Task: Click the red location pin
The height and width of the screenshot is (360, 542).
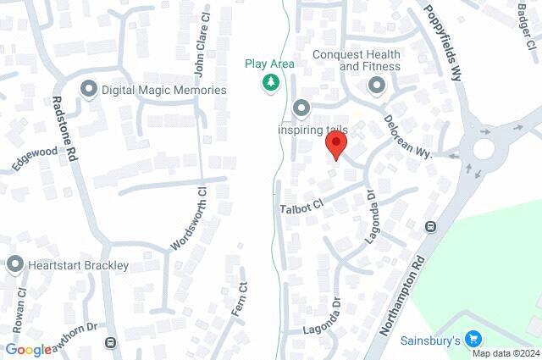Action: (x=335, y=146)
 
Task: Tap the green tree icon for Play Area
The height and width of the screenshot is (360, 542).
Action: (x=269, y=82)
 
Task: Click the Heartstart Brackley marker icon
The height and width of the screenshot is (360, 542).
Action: (x=14, y=265)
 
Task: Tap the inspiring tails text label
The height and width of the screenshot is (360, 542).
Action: (x=312, y=130)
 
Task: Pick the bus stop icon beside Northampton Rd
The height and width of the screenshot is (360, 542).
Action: (x=431, y=226)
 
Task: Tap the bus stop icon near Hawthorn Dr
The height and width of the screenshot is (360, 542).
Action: (x=109, y=343)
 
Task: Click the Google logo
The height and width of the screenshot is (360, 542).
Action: (x=28, y=349)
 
